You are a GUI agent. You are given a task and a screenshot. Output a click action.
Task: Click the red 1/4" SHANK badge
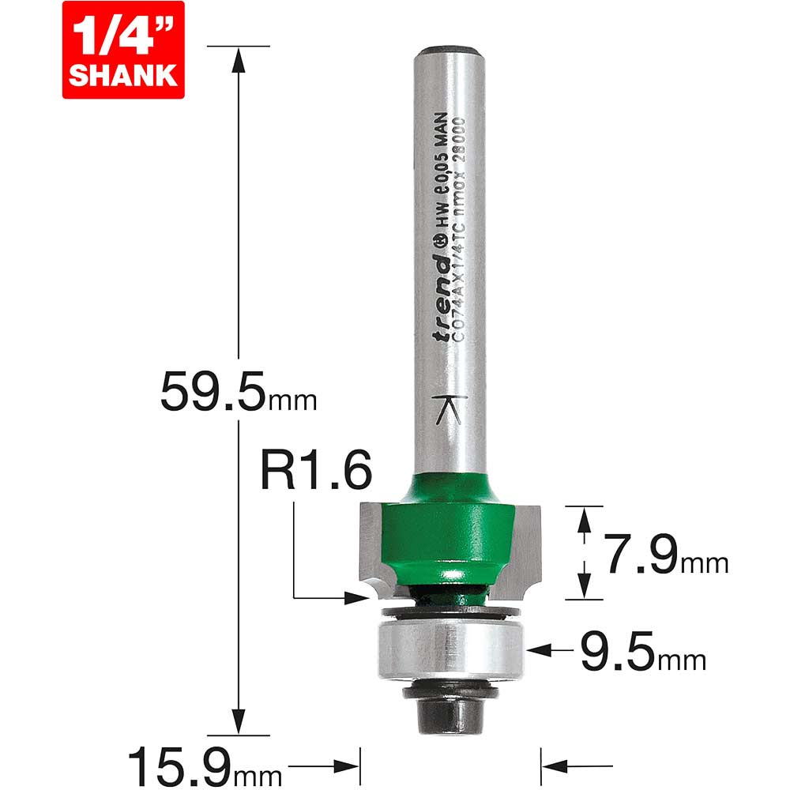[x=122, y=49]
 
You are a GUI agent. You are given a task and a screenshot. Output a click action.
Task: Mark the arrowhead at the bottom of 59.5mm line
[x=236, y=720]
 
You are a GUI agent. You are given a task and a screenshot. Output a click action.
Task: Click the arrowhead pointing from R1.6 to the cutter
[x=356, y=598]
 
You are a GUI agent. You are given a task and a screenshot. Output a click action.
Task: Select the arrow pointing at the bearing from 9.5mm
[x=538, y=649]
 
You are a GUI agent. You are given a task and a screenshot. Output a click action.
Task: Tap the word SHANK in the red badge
[x=122, y=74]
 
